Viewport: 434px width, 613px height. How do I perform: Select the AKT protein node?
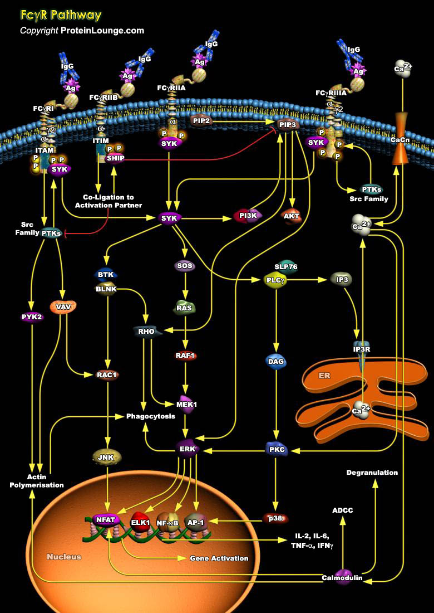pyautogui.click(x=292, y=216)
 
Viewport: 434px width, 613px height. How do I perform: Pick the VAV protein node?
pyautogui.click(x=62, y=306)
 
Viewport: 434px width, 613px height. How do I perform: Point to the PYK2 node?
pyautogui.click(x=32, y=317)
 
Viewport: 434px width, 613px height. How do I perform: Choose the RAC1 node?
pyautogui.click(x=107, y=374)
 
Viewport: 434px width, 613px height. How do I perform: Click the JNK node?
pyautogui.click(x=107, y=457)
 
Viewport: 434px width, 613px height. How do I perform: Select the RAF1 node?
pyautogui.click(x=186, y=355)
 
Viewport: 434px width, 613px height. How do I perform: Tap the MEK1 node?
pyautogui.click(x=186, y=404)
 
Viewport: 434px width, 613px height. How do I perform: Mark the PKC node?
pyautogui.click(x=276, y=449)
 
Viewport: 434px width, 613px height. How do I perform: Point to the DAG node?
pyautogui.click(x=276, y=361)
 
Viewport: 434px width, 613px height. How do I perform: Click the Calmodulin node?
pyautogui.click(x=342, y=577)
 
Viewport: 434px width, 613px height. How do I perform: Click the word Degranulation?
pyautogui.click(x=372, y=473)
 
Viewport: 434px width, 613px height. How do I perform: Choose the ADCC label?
pyautogui.click(x=342, y=510)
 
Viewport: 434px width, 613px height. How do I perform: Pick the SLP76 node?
pyautogui.click(x=286, y=266)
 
